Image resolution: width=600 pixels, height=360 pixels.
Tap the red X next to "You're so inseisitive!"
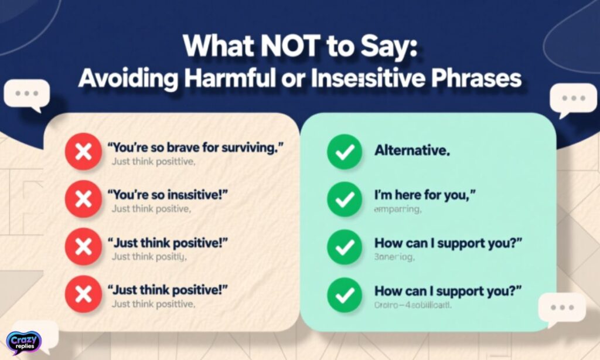click(83, 199)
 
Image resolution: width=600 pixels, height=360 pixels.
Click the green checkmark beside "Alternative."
click(344, 152)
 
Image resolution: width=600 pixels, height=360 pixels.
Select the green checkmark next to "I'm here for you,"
click(344, 200)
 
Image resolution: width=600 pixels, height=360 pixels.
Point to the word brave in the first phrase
click(180, 148)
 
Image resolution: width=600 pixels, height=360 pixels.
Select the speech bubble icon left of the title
click(26, 94)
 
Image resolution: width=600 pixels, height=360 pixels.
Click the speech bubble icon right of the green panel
click(561, 308)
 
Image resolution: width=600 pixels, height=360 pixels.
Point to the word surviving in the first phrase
click(247, 148)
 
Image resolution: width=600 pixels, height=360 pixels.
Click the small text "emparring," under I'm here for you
click(398, 210)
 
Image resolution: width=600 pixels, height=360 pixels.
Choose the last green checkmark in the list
click(344, 295)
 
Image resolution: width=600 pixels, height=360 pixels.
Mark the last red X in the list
click(83, 294)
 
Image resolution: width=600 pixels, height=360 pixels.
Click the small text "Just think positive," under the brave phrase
click(152, 161)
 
